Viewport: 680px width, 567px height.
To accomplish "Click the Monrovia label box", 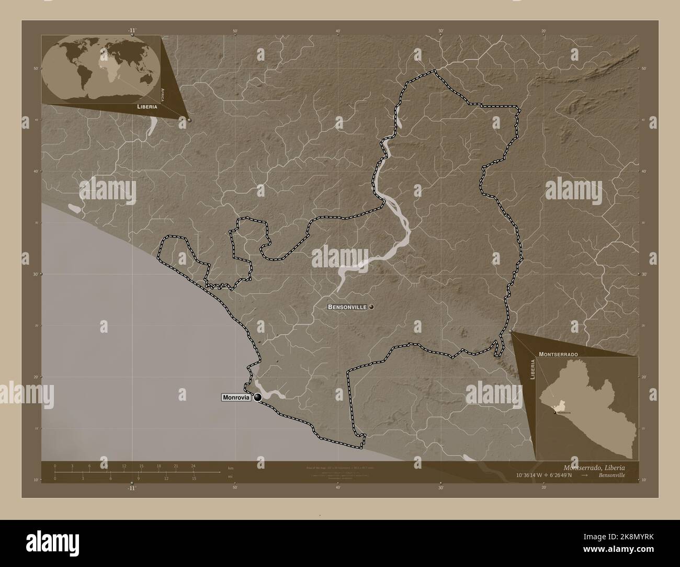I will click(236, 398).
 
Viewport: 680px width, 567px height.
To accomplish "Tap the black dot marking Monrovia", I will click(257, 398).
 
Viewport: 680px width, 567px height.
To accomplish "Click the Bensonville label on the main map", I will click(347, 307).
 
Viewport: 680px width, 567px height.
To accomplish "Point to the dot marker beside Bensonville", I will click(371, 307).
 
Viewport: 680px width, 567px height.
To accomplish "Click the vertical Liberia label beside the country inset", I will click(532, 370).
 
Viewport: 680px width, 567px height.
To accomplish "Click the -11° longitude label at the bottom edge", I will click(131, 487).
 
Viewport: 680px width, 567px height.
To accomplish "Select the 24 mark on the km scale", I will click(193, 466).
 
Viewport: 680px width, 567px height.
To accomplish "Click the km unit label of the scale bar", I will click(231, 467).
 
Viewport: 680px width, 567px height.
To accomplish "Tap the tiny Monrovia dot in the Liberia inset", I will click(555, 412).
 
